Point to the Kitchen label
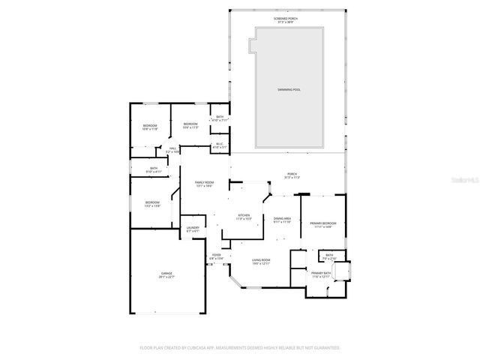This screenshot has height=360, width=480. pyautogui.click(x=244, y=217)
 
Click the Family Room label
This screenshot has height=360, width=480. pyautogui.click(x=204, y=184)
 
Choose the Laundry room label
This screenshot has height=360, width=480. pyautogui.click(x=193, y=229)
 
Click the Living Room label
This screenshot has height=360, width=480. pyautogui.click(x=262, y=262)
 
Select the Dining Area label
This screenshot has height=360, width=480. pyautogui.click(x=282, y=221)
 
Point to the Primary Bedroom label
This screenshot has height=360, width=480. pyautogui.click(x=324, y=225)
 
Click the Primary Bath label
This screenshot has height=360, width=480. pyautogui.click(x=321, y=274)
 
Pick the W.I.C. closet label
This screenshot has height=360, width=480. pyautogui.click(x=219, y=146)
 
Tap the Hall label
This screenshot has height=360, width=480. pyautogui.click(x=172, y=151)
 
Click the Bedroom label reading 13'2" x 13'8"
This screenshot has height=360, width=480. pyautogui.click(x=152, y=204)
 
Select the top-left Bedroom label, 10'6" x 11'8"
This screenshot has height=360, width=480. pyautogui.click(x=150, y=127)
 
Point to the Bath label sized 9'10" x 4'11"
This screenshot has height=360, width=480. pyautogui.click(x=153, y=170)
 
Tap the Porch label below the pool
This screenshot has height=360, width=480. pyautogui.click(x=292, y=176)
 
